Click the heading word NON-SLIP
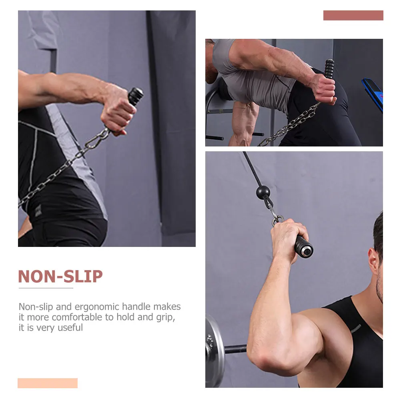point(60,277)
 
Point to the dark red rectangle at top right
point(353,16)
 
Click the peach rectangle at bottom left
point(47,383)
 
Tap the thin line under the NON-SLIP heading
point(46,288)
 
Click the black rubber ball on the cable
point(263,192)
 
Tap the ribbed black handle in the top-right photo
point(329,69)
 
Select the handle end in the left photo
point(136,96)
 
